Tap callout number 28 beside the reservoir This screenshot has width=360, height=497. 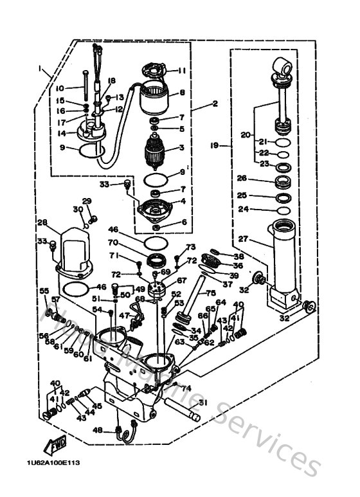click(x=42, y=223)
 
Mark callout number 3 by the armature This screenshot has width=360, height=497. click(x=182, y=147)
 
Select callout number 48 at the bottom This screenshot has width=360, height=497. click(x=98, y=429)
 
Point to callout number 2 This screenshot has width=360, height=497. click(x=215, y=103)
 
